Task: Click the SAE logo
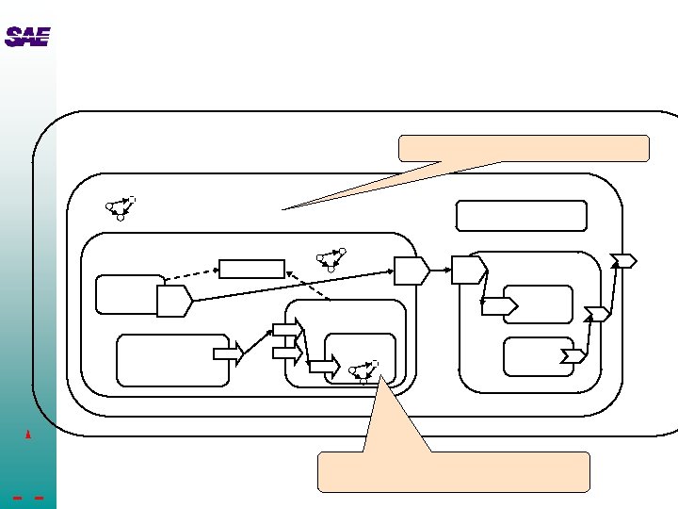click(x=26, y=37)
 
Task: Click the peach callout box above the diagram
click(x=524, y=148)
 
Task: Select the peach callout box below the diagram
click(x=453, y=471)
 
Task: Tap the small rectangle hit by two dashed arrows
click(x=251, y=269)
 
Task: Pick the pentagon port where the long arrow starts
click(x=174, y=302)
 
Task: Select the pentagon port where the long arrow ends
click(x=411, y=271)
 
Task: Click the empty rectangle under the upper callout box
click(x=521, y=216)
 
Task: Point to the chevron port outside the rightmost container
click(x=623, y=260)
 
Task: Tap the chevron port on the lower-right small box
click(x=572, y=355)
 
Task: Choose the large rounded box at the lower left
click(x=172, y=359)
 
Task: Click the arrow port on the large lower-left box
click(x=228, y=353)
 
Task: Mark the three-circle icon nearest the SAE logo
click(x=121, y=207)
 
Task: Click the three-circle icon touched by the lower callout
click(x=363, y=371)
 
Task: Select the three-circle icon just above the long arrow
click(x=331, y=259)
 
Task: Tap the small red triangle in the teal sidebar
click(x=29, y=435)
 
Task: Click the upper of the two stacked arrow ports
click(x=285, y=329)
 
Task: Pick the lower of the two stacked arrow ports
click(x=285, y=353)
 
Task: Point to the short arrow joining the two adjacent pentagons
click(x=440, y=271)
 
